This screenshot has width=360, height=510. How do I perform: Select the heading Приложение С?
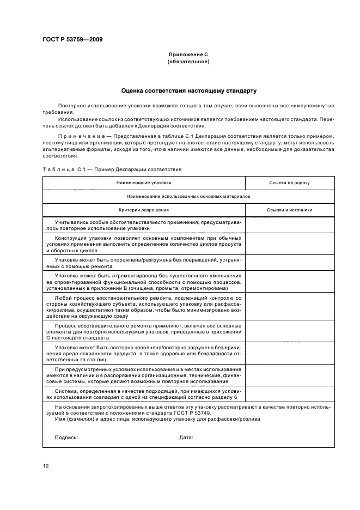click(188, 55)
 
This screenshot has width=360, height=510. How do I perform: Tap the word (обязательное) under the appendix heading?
click(188, 62)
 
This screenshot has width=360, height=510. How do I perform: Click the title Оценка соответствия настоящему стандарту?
click(188, 90)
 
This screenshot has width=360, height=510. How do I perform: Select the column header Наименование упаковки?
click(144, 183)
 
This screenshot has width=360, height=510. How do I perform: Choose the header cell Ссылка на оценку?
click(289, 183)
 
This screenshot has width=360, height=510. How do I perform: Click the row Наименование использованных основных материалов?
click(188, 196)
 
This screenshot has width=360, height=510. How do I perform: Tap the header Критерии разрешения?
click(144, 210)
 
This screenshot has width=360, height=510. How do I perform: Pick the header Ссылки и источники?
click(289, 210)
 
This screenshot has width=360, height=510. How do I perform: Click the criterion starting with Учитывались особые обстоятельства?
click(144, 224)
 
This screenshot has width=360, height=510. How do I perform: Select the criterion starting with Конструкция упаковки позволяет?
click(144, 243)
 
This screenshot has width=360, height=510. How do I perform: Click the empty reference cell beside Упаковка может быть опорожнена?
click(290, 263)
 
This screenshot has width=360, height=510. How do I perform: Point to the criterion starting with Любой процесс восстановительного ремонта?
click(144, 307)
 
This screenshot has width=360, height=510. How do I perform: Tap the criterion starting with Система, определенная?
click(144, 394)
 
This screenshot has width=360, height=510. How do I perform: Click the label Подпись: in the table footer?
click(66, 438)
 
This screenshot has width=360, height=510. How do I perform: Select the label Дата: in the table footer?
click(186, 438)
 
